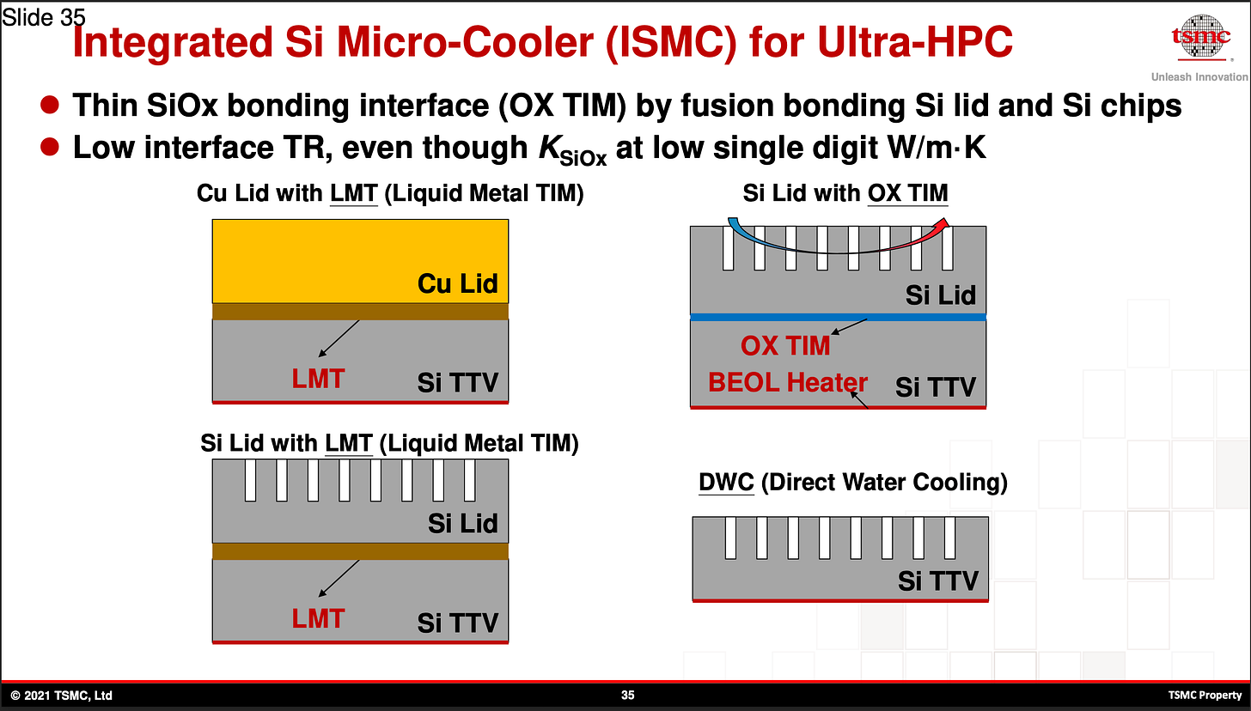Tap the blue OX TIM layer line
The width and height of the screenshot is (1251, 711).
point(838,317)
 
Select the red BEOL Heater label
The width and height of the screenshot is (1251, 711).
point(788,382)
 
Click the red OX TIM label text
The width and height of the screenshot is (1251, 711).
point(785,345)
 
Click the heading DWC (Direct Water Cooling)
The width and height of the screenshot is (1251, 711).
point(852,483)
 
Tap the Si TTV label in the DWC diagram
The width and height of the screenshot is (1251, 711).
point(937,580)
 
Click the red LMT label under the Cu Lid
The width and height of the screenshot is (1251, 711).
point(318,379)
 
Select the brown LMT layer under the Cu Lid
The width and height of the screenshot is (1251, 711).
point(360,311)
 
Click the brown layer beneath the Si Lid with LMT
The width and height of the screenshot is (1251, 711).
point(360,550)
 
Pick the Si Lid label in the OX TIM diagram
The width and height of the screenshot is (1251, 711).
point(940,295)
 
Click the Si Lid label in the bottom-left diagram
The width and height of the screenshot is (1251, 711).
point(462,523)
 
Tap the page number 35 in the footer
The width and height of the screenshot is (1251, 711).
point(627,695)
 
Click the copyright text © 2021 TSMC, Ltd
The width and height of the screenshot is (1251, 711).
point(61,695)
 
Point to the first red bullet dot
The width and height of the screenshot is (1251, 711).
point(50,106)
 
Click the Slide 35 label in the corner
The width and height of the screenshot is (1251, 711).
point(43,17)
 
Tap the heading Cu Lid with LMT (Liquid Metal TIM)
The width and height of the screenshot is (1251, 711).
point(390,193)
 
